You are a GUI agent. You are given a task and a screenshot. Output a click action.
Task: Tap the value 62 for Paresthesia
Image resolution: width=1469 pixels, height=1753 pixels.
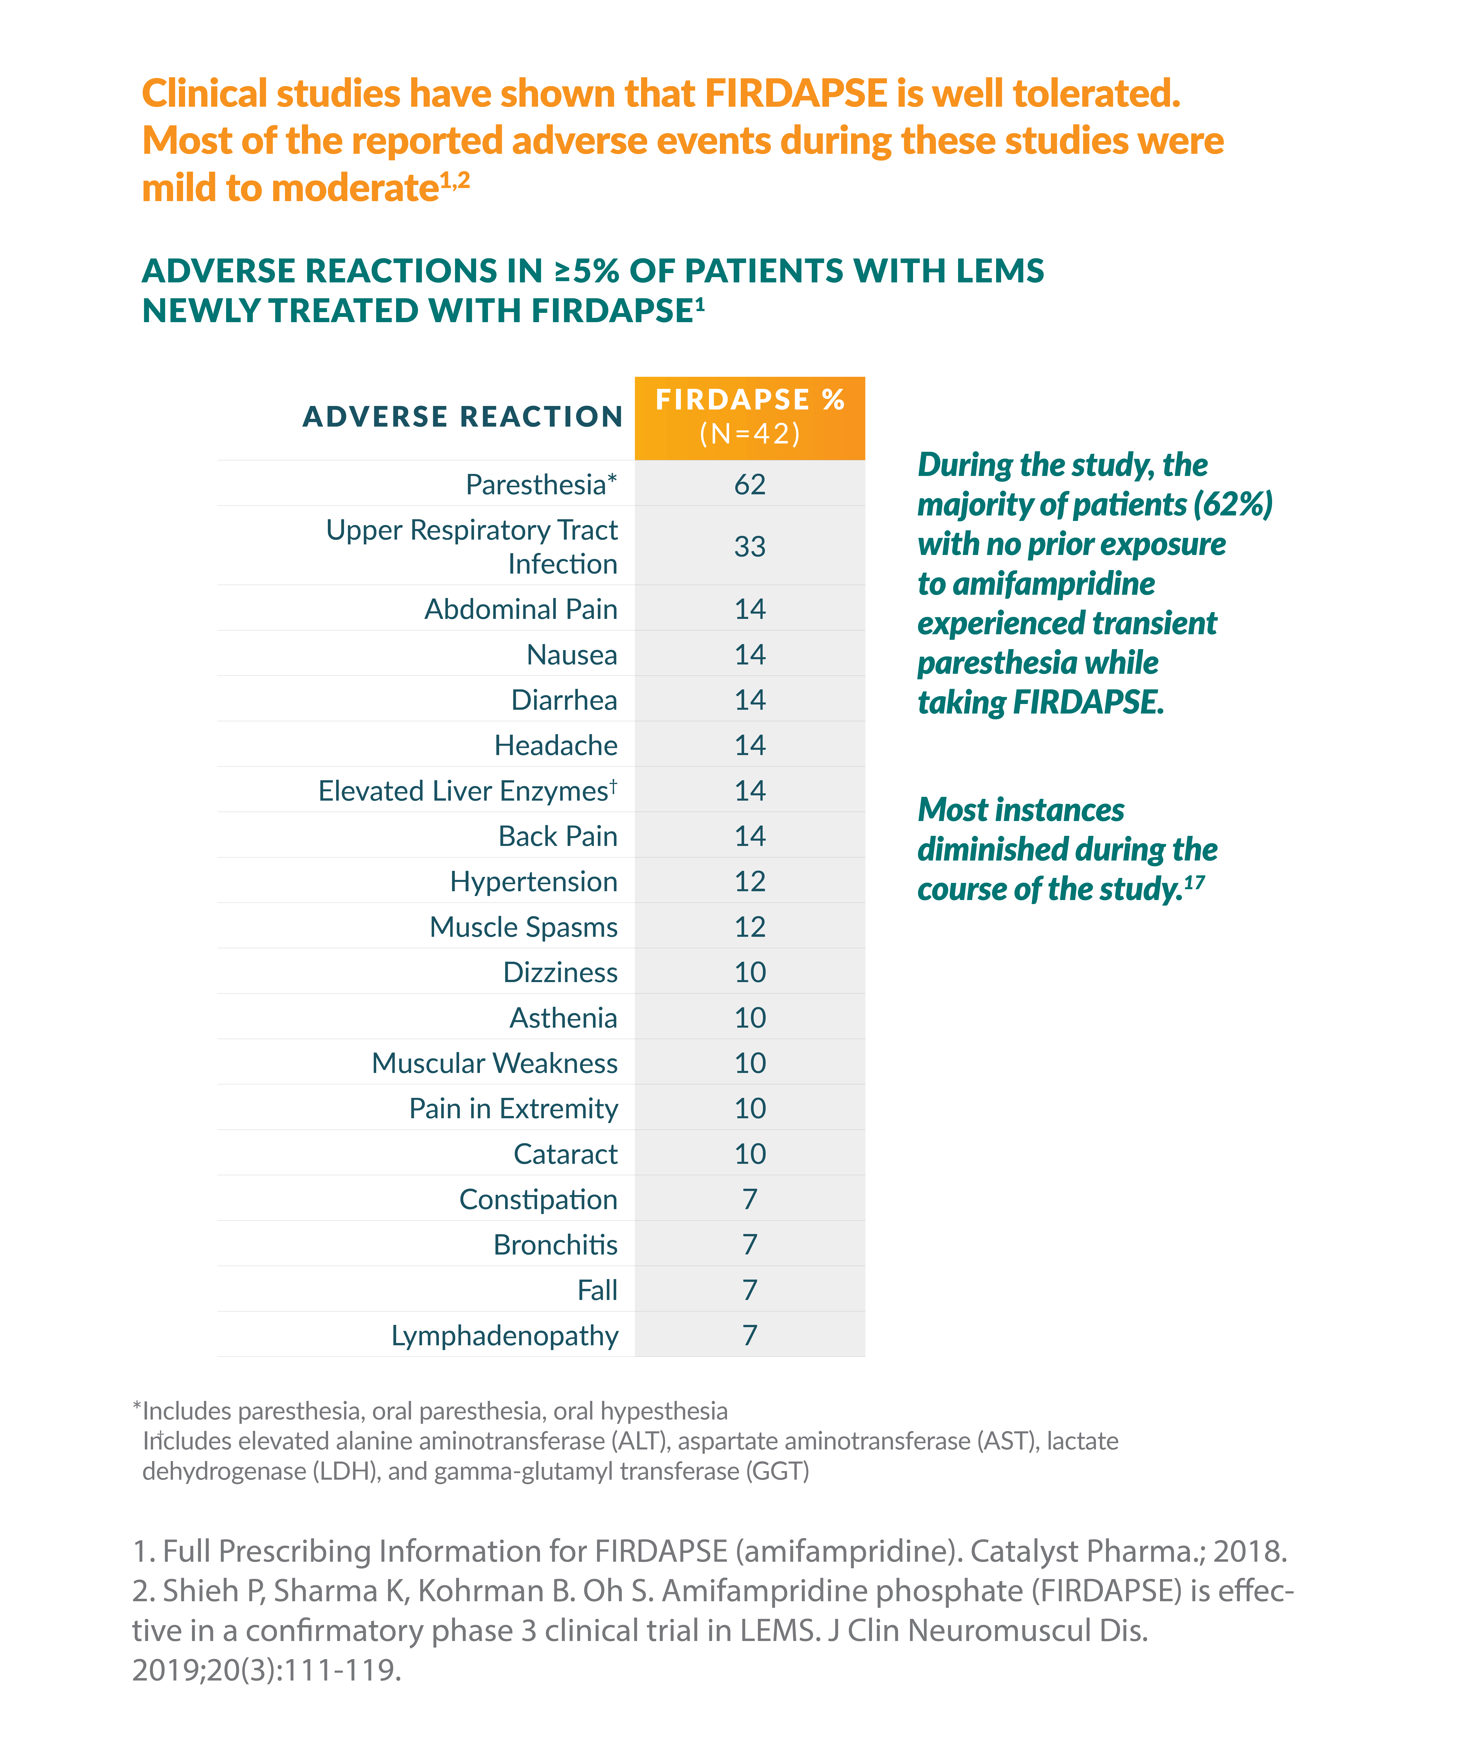pos(750,484)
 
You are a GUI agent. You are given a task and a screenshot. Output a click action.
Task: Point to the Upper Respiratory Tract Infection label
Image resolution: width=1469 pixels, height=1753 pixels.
pos(472,547)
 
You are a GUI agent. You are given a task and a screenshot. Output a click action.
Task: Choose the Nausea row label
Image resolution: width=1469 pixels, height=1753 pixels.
pos(572,654)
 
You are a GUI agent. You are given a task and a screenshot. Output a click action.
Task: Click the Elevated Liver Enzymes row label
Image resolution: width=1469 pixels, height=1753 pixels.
pos(468,790)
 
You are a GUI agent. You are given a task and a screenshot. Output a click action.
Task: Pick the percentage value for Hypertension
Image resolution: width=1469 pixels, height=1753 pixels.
pos(750,881)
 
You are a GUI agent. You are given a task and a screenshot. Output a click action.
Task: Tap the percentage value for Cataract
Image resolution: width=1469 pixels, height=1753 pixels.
pos(750,1154)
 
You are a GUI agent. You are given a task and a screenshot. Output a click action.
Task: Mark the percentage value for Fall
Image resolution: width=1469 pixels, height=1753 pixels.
pos(750,1290)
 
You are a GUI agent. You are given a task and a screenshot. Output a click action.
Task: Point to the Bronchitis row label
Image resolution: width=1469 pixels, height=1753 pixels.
pos(555,1245)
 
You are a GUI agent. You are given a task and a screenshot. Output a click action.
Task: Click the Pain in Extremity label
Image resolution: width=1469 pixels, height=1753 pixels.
pos(514,1109)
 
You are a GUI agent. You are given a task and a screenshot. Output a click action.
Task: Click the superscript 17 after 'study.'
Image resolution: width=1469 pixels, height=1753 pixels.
pos(1194,881)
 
